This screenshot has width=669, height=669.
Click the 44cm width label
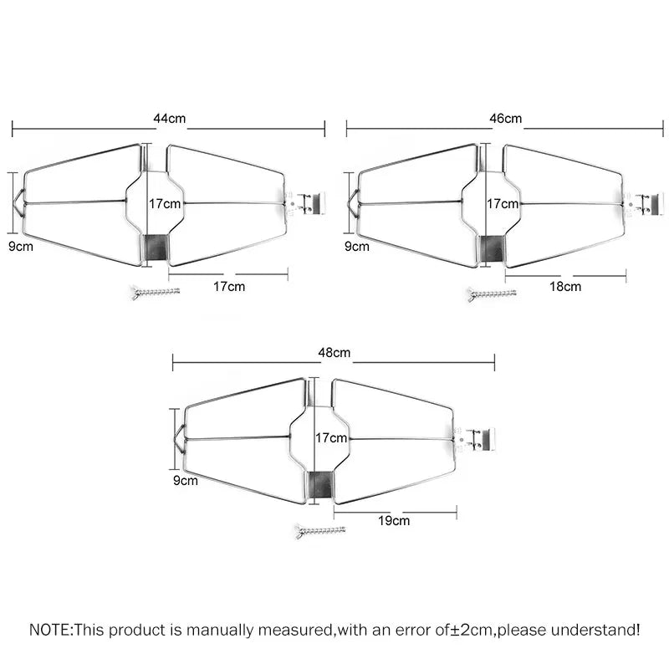coord(170,118)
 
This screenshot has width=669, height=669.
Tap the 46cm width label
coord(505,118)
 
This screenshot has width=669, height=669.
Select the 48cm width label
coord(334,352)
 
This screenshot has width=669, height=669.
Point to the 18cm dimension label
coord(564,286)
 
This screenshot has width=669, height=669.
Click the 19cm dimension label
coord(395,520)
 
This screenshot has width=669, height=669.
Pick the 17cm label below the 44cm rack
coord(228,286)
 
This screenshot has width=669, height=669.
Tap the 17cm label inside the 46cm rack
coord(502,203)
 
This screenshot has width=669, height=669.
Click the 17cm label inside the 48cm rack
coord(331,437)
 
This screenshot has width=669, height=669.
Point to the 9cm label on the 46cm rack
coord(356,247)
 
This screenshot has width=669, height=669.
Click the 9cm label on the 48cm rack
coord(186,481)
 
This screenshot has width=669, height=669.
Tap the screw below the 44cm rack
coord(156,292)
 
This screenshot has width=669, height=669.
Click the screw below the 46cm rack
coord(492,294)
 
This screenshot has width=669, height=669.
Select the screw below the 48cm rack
coord(320,530)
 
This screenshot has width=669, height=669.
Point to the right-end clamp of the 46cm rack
coord(643,203)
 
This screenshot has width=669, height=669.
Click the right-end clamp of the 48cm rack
coord(479,437)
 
